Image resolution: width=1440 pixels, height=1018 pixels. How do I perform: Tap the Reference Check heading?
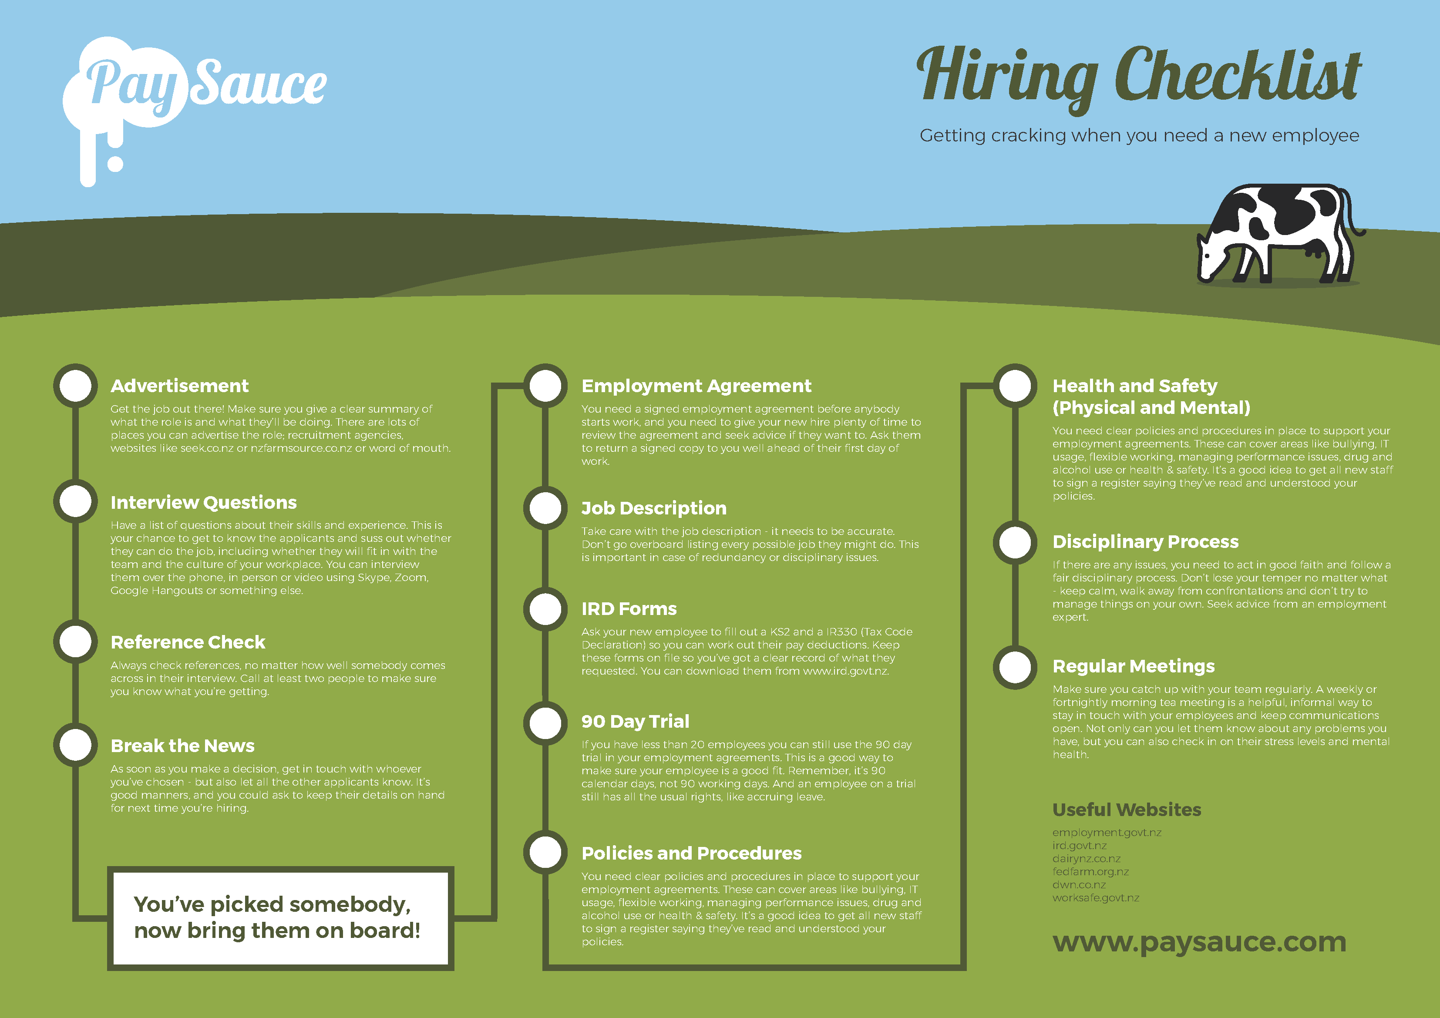pos(188,642)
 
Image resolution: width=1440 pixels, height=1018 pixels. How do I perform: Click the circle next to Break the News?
pos(75,745)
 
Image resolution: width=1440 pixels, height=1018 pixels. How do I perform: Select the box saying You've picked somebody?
pos(280,917)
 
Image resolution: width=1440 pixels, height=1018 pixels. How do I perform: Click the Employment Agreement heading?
pos(696,386)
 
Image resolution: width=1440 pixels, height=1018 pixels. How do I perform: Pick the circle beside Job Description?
pos(545,507)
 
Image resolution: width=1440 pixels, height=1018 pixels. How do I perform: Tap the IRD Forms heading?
pos(629,608)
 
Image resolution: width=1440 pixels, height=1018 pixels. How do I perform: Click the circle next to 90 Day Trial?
pos(545,722)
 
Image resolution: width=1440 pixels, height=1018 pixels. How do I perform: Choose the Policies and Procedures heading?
pos(691,853)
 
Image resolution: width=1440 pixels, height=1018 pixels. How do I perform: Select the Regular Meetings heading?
pos(1133,666)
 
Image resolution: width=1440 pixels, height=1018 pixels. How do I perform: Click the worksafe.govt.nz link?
pos(1096,897)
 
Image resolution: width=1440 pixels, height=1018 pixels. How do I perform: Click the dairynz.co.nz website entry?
pos(1086,859)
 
